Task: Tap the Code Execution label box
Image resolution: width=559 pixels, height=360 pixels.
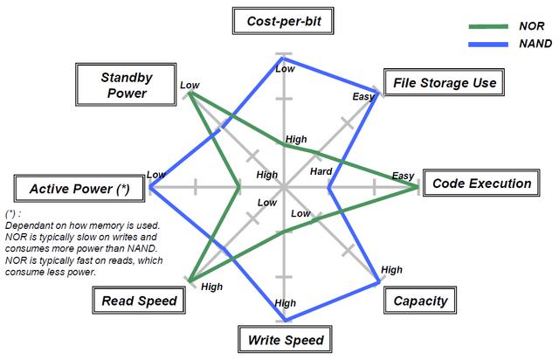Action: point(481,183)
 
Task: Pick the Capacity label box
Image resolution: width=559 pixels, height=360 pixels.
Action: point(420,301)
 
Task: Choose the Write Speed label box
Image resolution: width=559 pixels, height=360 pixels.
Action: point(286,340)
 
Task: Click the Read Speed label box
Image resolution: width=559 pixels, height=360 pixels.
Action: point(139,301)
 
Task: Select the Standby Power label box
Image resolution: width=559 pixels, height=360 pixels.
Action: point(128,84)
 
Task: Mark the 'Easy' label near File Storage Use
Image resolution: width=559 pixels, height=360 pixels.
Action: point(362,95)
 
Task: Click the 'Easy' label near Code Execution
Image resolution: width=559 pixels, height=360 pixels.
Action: point(403,176)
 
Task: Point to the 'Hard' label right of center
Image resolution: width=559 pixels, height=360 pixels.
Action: point(321,172)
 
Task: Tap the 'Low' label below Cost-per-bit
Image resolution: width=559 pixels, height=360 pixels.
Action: point(285,68)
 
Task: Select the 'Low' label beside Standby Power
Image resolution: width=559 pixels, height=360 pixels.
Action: point(189,85)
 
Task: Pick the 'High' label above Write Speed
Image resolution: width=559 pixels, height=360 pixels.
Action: point(286,303)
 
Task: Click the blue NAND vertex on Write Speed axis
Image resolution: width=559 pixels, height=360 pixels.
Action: point(286,321)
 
